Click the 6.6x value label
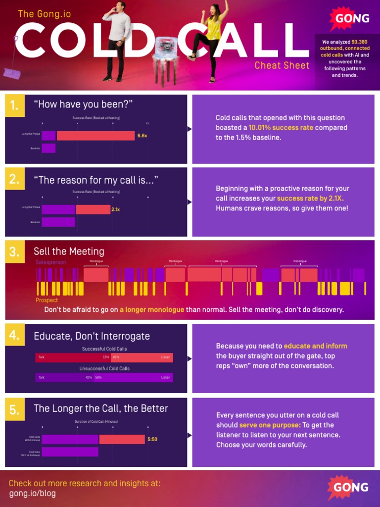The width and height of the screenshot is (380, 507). [x=142, y=136]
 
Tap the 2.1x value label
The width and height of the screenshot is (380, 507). [x=116, y=209]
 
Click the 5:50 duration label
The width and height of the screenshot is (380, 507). [x=152, y=439]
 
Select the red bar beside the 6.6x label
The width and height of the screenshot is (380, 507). [x=95, y=136]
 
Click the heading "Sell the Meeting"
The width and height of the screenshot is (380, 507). [x=69, y=252]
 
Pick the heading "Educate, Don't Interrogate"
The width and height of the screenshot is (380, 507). [x=92, y=336]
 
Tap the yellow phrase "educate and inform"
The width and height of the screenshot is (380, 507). [x=315, y=346]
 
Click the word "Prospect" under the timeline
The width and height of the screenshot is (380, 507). [x=47, y=300]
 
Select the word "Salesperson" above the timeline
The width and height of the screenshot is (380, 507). [x=51, y=262]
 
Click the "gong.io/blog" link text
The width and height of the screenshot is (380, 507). [x=32, y=493]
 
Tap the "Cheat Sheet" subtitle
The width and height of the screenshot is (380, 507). [x=282, y=65]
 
